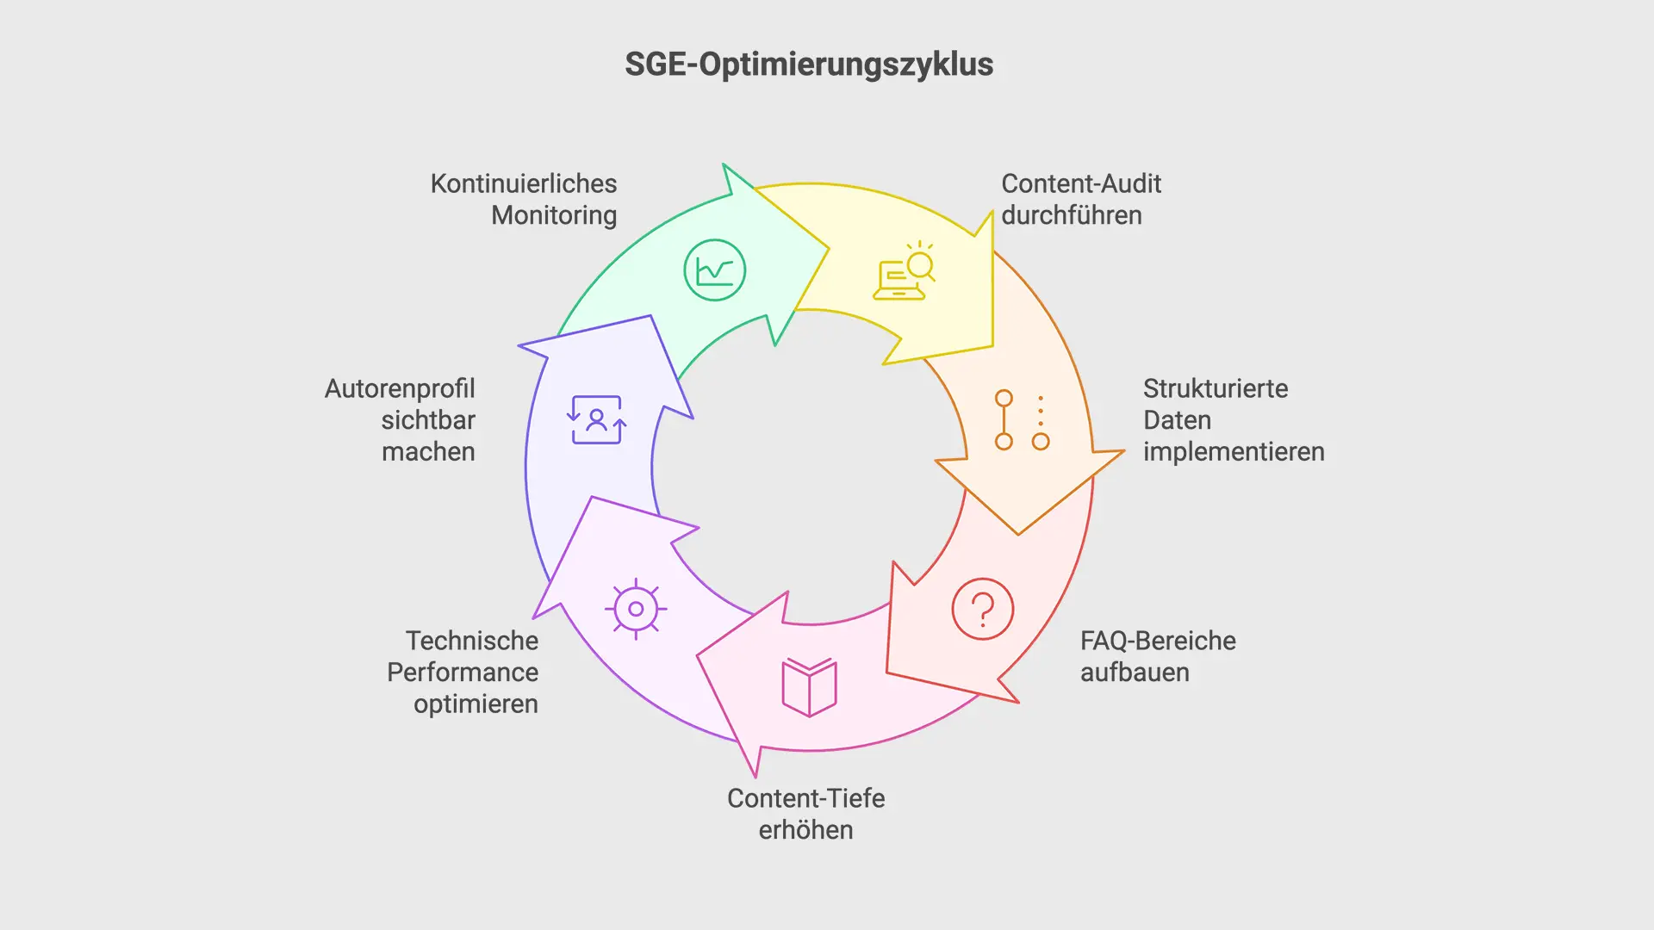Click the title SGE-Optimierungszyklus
point(809,65)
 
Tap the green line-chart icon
point(714,270)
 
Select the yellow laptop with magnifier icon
point(904,271)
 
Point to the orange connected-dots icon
point(1022,420)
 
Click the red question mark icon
point(983,609)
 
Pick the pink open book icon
point(809,687)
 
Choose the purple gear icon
point(636,609)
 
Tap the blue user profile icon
point(596,420)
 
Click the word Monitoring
point(554,215)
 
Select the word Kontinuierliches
point(524,183)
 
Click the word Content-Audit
point(1081,183)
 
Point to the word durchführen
point(1072,215)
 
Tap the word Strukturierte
point(1216,388)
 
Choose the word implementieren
point(1234,452)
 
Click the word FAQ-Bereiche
point(1158,641)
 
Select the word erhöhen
point(805,830)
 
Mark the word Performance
point(463,673)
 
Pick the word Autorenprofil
point(400,388)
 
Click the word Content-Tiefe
point(805,798)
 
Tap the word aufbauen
point(1135,673)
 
